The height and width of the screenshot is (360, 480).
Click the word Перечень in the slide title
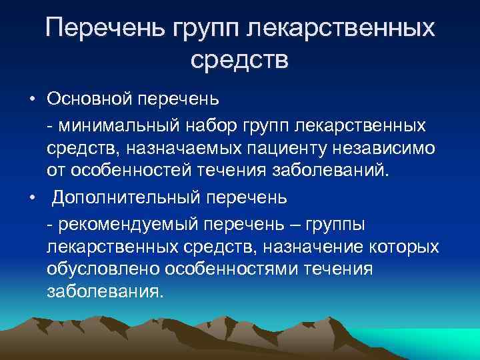click(x=107, y=29)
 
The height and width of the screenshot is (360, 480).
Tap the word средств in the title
click(x=239, y=61)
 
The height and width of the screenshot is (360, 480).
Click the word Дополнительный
click(x=117, y=197)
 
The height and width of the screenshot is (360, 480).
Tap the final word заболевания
click(x=104, y=293)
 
